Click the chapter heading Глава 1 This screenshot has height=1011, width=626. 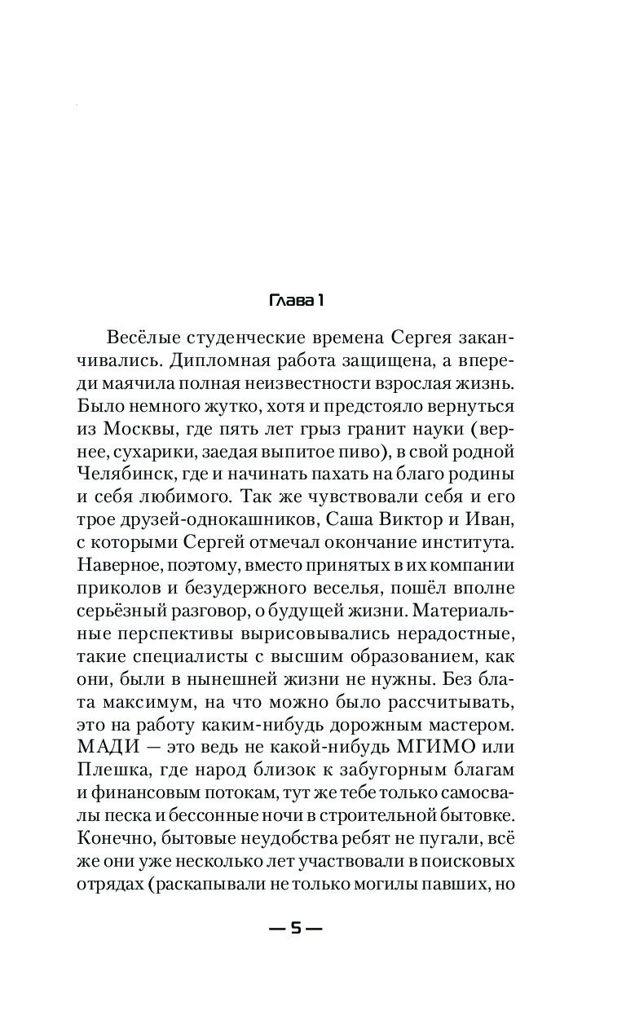[x=297, y=301]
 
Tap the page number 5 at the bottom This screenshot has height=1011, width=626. [x=297, y=928]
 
